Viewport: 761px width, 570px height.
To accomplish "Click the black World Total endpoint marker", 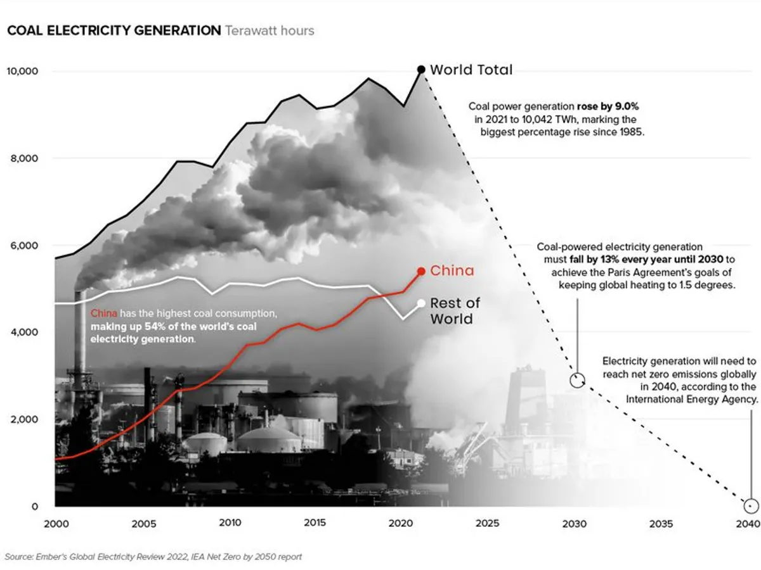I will [420, 70].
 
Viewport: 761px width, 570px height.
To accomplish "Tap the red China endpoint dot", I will [420, 271].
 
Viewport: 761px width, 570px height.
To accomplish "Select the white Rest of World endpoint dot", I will [420, 303].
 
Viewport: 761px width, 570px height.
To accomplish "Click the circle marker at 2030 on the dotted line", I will [577, 380].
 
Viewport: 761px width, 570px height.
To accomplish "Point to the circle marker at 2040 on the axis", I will [751, 506].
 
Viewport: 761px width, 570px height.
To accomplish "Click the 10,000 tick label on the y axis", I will [23, 71].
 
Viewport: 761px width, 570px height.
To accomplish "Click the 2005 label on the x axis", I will [143, 524].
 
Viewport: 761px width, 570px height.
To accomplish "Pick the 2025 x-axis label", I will [486, 524].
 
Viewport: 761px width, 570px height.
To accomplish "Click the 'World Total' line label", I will [471, 70].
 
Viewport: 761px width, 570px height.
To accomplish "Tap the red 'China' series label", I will [452, 271].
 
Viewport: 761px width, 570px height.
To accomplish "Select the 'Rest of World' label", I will [455, 311].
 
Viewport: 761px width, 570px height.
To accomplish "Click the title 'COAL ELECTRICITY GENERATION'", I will [114, 30].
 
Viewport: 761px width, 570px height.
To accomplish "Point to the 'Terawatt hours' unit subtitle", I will [270, 30].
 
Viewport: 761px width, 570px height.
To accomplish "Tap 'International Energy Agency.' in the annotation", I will [692, 400].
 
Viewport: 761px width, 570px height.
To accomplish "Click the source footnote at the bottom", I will [153, 557].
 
